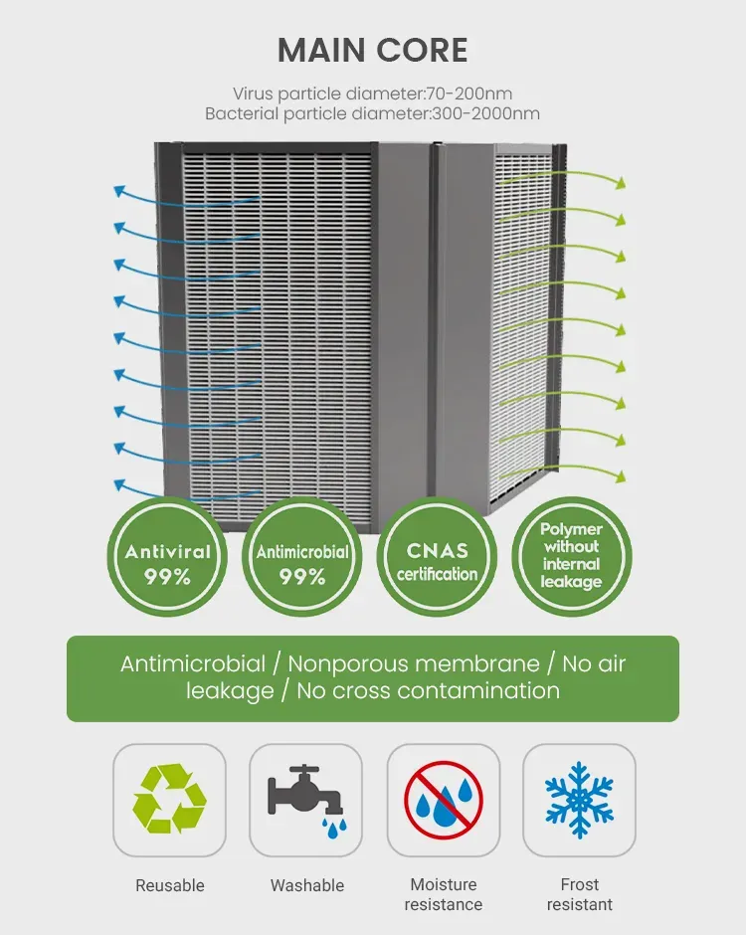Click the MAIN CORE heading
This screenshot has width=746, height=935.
pos(372,50)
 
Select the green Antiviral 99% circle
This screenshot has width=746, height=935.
pos(167,563)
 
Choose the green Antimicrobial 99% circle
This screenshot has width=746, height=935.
pos(302,563)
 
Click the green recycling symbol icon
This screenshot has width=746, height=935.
pos(169,799)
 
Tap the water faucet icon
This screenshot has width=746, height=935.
pos(305,800)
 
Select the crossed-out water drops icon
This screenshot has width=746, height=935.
pos(444,799)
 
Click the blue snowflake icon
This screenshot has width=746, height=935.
pos(579,799)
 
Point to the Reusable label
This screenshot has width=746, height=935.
pos(169,885)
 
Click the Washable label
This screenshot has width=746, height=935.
pos(306,885)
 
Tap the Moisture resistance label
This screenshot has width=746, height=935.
pos(444,894)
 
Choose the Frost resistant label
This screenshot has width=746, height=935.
pos(579,894)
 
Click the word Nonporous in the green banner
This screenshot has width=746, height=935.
pos(349,663)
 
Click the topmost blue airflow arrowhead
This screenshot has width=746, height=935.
pos(119,188)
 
